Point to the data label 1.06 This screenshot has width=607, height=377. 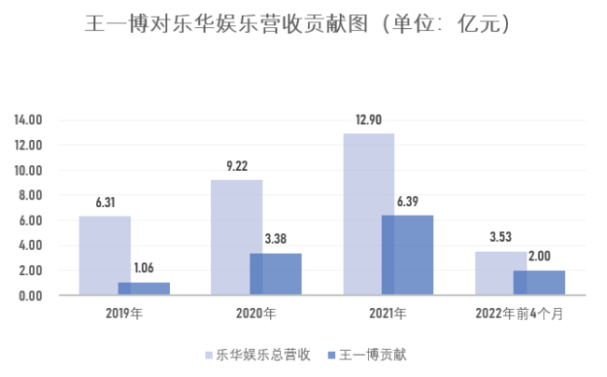click(x=144, y=269)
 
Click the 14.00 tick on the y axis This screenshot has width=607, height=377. click(x=29, y=120)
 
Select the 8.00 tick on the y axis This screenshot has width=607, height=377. click(x=31, y=196)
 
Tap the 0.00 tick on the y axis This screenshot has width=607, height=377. click(x=31, y=296)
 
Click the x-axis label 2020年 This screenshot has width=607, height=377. click(x=255, y=313)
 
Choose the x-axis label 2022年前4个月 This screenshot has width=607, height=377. click(x=519, y=313)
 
